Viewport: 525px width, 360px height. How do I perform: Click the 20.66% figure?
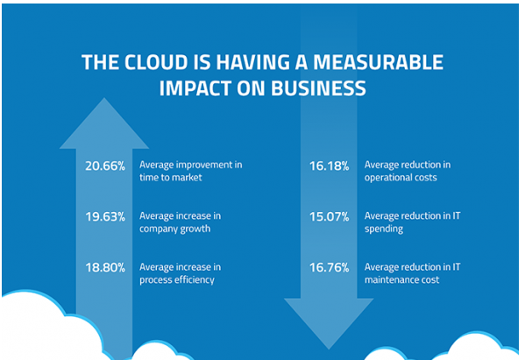[105, 166]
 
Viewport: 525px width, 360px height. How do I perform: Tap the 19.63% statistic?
[105, 217]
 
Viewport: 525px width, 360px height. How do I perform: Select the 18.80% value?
[105, 268]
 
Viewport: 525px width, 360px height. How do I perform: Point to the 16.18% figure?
[329, 166]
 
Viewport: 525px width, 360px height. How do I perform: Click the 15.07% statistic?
[329, 217]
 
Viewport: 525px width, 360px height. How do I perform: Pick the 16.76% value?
[329, 268]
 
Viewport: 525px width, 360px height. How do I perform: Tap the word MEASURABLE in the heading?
[378, 62]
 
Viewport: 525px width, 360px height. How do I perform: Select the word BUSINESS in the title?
[318, 88]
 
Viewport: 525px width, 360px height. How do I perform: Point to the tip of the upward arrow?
[104, 98]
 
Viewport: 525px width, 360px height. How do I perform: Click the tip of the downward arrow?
[329, 349]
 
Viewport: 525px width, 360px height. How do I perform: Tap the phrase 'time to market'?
[171, 177]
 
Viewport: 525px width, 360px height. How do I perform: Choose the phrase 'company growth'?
[175, 229]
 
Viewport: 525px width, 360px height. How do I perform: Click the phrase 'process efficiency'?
[177, 279]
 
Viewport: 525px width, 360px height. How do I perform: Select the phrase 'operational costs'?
[401, 178]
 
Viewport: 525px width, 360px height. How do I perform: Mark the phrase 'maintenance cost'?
[401, 279]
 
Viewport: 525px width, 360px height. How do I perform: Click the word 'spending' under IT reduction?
[384, 229]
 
